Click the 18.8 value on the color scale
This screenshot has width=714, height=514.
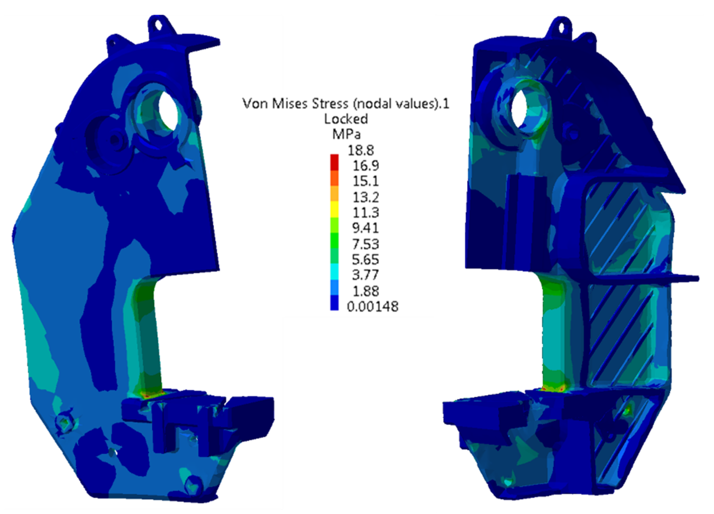[x=360, y=151]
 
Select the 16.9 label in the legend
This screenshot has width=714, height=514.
[x=365, y=166]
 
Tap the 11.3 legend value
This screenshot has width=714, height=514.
[x=365, y=212]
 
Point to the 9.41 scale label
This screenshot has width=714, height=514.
[x=365, y=228]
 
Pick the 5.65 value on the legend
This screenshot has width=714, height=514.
[x=365, y=260]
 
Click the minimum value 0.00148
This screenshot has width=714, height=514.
[x=373, y=307]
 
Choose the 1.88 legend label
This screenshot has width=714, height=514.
[x=365, y=291]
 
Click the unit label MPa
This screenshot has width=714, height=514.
[x=346, y=135]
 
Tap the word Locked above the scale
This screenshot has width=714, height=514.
[x=346, y=119]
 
